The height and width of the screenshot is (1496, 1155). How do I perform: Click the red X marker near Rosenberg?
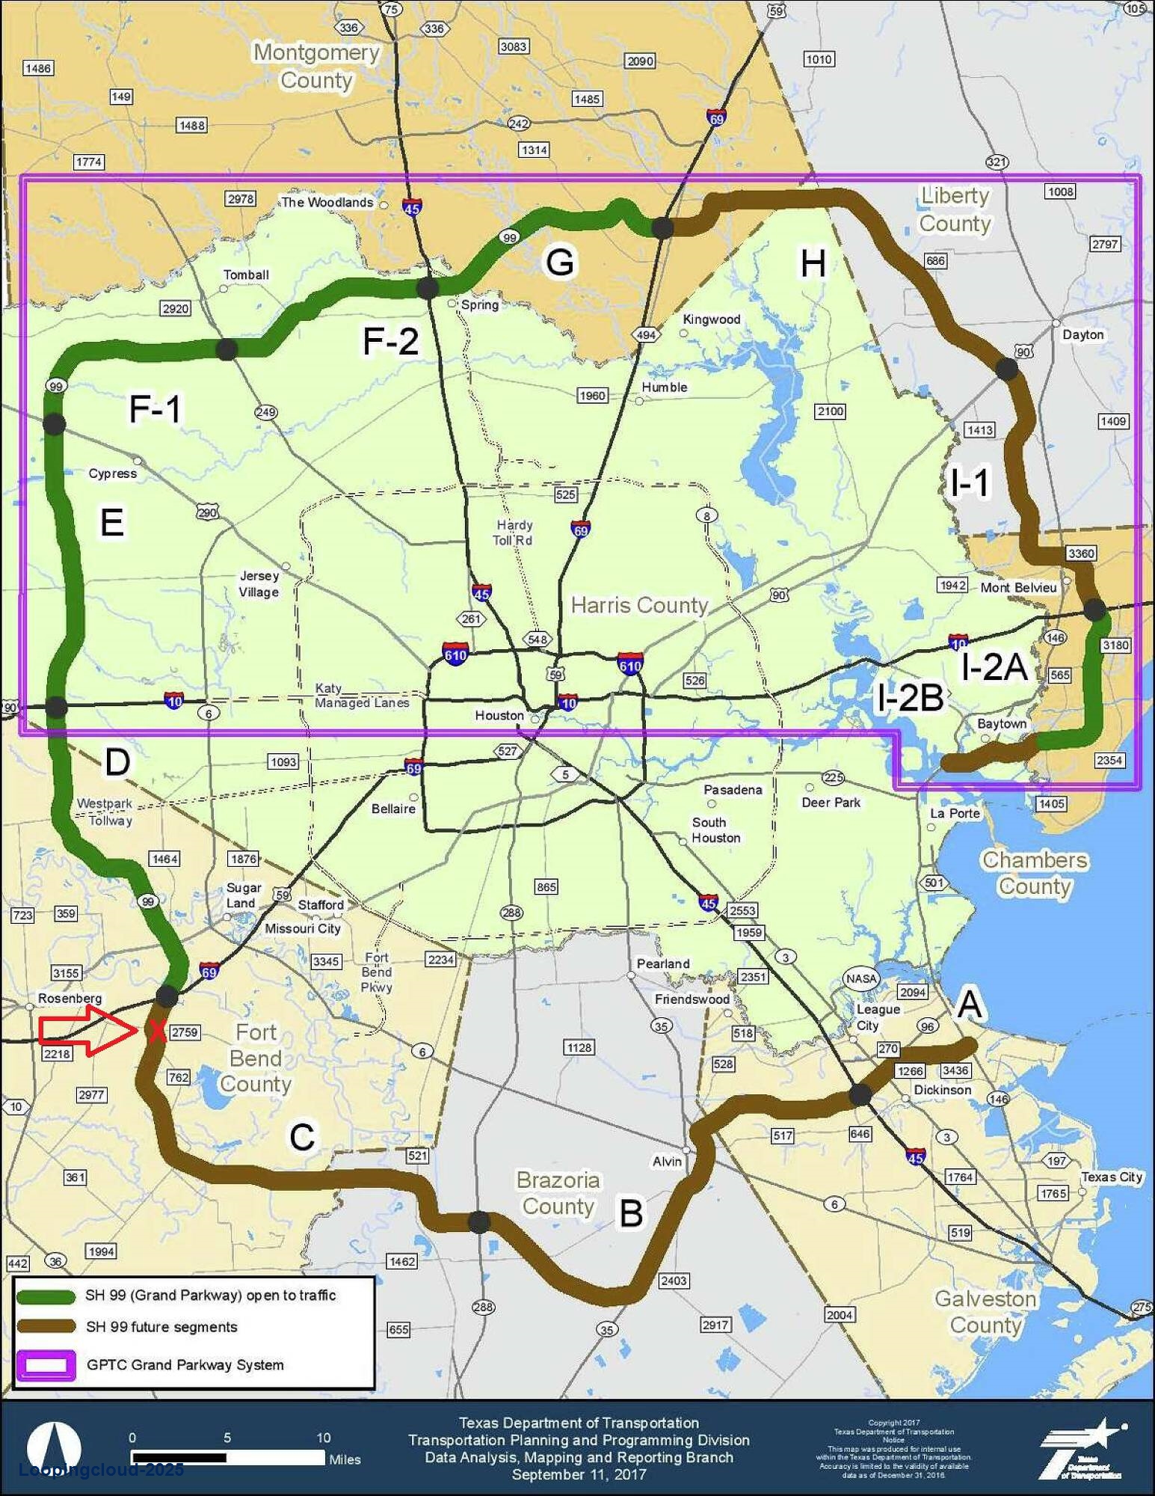156,1031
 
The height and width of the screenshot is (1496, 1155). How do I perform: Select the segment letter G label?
560,263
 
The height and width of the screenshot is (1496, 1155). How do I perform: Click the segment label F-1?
155,408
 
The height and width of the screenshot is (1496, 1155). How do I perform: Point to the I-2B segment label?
910,698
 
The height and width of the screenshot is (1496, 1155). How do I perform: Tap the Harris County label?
639,605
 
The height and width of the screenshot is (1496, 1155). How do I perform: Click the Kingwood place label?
711,319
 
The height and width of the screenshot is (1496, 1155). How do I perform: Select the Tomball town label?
246,275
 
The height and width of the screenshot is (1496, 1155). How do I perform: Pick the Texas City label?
1111,1177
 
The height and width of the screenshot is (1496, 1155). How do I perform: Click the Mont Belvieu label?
1018,587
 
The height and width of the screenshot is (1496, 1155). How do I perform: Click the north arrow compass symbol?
54,1447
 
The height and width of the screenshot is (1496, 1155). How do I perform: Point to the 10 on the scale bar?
323,1437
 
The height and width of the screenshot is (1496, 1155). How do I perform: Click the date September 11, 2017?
579,1474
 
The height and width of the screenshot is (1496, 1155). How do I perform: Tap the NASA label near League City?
861,978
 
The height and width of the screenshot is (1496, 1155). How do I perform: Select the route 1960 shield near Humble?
592,395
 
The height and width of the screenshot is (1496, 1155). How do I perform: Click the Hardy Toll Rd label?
514,533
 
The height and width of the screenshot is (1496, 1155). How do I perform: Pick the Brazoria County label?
558,1193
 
